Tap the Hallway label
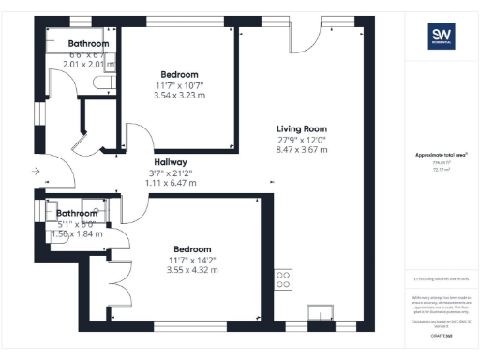tap(171, 162)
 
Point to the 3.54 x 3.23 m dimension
tap(179, 96)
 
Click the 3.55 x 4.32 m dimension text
tap(179, 269)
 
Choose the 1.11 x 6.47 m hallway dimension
tap(171, 184)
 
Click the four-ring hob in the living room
tap(283, 278)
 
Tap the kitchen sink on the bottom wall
tap(322, 310)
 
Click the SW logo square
tap(442, 37)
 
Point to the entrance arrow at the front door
tap(35, 172)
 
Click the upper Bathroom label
tap(86, 44)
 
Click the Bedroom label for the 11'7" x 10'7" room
tap(179, 74)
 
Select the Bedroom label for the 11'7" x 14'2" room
tap(179, 247)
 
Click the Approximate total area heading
tap(442, 156)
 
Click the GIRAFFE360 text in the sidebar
tap(442, 334)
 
